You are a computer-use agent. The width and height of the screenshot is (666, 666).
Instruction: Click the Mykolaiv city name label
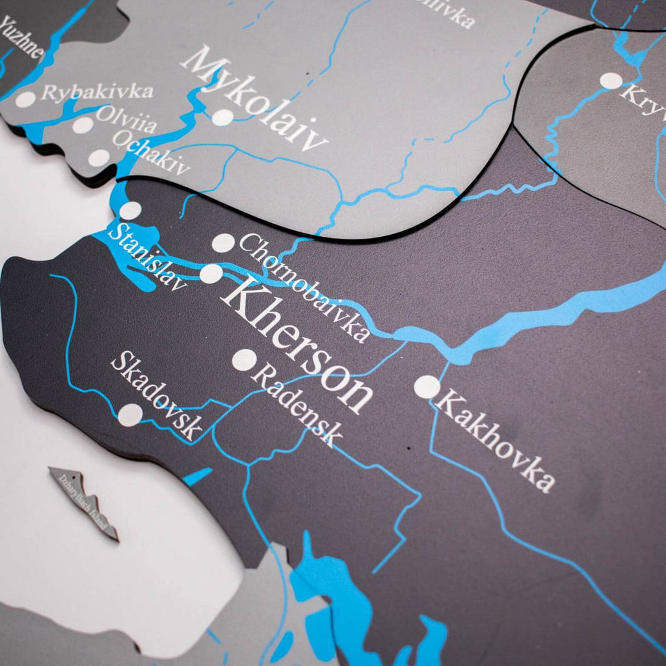pos(254,98)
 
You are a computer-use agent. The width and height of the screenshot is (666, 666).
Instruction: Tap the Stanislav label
pos(147,256)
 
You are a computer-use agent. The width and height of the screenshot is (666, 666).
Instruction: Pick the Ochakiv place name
pos(150,153)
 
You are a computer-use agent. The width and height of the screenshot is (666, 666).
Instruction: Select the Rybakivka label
pos(98,92)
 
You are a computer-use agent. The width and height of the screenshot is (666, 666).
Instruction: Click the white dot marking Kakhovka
pos(427,387)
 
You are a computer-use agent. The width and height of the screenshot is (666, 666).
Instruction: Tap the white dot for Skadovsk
pos(130,415)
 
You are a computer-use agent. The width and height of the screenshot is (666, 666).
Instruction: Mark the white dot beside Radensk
pos(245,360)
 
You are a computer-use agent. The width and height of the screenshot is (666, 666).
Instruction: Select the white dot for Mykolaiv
pos(222,117)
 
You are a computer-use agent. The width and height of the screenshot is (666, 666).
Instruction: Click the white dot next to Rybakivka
pos(25,100)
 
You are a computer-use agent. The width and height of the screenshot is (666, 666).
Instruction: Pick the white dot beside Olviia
pos(83,125)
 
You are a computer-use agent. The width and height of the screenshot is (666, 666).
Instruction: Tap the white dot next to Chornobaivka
pos(223,243)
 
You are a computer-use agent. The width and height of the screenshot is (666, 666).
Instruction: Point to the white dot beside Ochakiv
pos(99,157)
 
